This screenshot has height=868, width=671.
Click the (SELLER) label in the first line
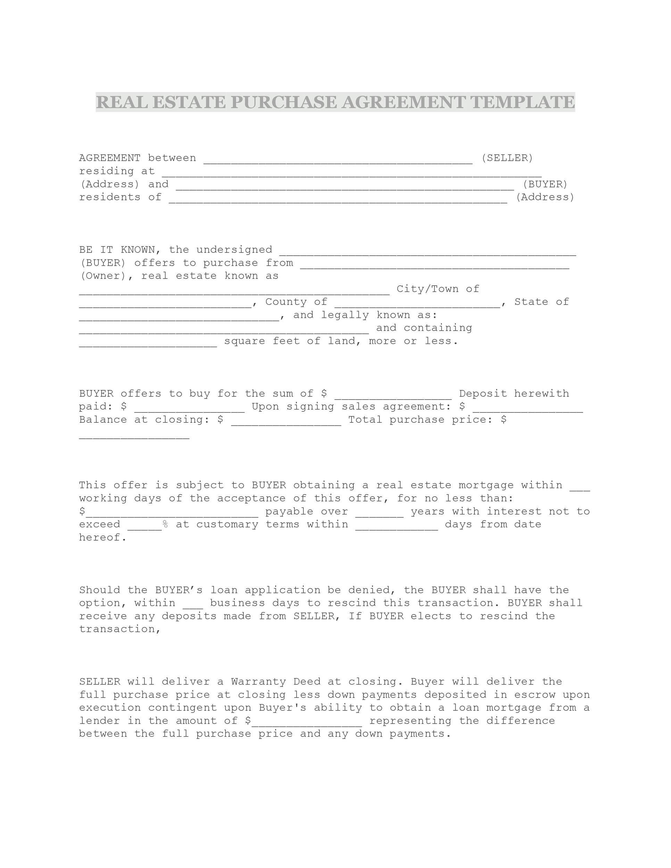point(507,158)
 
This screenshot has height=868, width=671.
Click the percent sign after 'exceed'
point(165,525)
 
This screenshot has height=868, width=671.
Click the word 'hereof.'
point(102,538)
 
